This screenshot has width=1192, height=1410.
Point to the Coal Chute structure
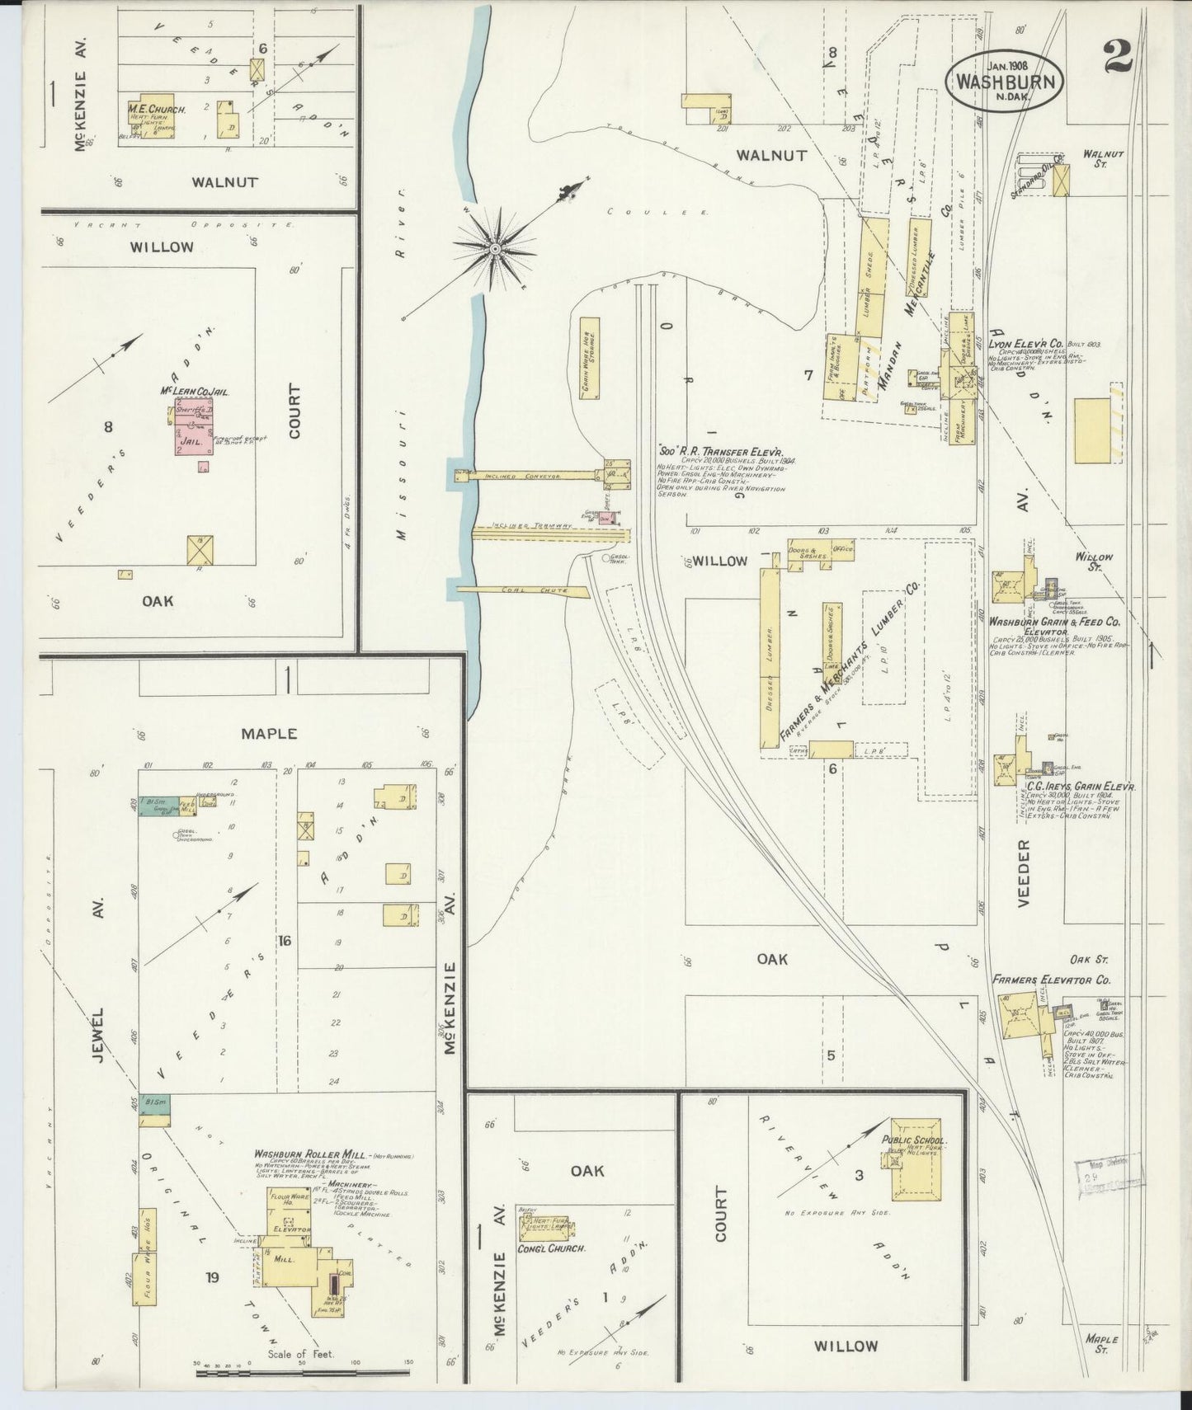pos(521,590)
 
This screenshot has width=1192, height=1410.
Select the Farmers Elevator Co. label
pos(1052,980)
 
